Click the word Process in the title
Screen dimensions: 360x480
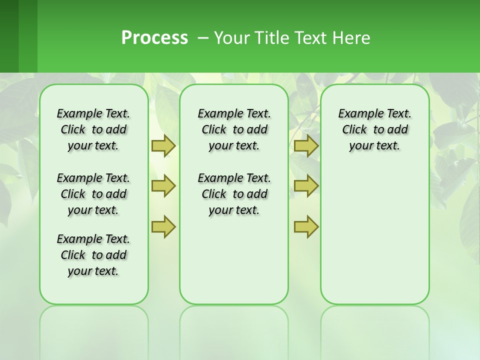(154, 37)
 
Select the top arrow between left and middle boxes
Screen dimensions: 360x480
(163, 145)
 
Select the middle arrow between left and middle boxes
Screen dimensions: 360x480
(163, 186)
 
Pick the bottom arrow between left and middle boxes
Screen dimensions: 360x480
(163, 226)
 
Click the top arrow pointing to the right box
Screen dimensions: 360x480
(306, 145)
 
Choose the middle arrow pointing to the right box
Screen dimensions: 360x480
(306, 186)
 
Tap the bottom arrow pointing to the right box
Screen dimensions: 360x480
(306, 226)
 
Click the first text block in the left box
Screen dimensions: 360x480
(93, 129)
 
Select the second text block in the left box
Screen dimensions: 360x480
(93, 194)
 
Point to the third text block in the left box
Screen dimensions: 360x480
(93, 255)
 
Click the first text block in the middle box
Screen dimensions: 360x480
(234, 129)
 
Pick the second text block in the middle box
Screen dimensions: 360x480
(234, 194)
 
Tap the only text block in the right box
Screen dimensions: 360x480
(374, 129)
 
